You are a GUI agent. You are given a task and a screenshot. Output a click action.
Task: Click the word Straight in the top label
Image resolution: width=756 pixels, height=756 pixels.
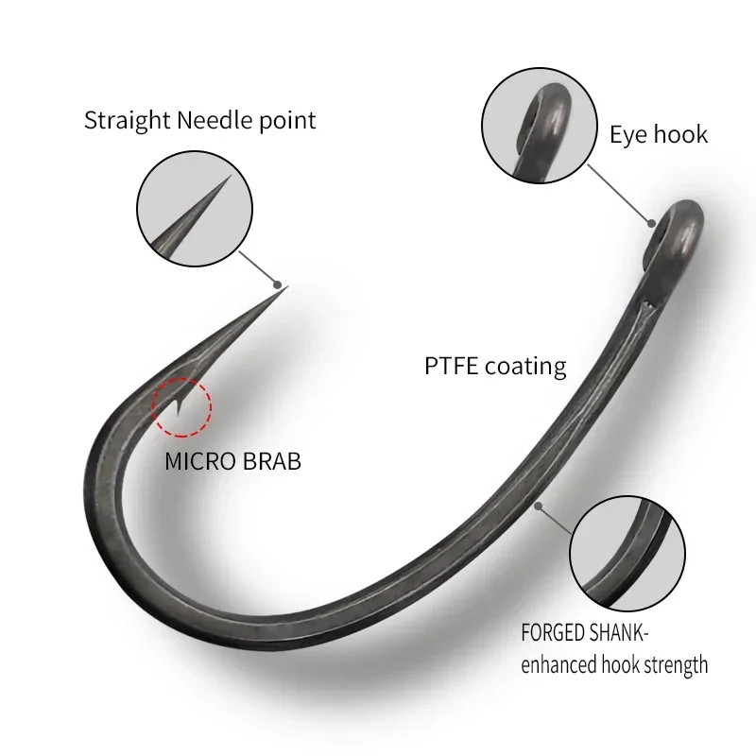(125, 121)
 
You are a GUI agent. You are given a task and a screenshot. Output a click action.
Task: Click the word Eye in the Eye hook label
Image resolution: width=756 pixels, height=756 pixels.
(627, 134)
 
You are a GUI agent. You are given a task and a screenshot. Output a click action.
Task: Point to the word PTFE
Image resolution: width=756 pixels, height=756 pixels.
(451, 366)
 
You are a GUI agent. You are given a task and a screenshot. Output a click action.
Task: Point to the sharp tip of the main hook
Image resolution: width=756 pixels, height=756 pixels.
(286, 286)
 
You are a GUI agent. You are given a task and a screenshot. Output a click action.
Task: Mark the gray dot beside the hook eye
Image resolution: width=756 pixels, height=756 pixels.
(652, 223)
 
